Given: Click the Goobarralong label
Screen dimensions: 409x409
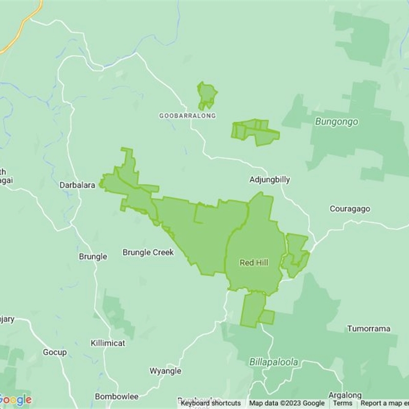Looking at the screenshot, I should pyautogui.click(x=187, y=116).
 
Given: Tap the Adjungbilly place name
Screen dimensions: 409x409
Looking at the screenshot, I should pyautogui.click(x=269, y=180).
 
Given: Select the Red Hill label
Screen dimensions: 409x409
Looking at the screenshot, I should pyautogui.click(x=254, y=263).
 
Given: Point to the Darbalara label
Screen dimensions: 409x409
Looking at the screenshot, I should pyautogui.click(x=77, y=185).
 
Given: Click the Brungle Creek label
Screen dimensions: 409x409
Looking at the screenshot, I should pyautogui.click(x=148, y=253).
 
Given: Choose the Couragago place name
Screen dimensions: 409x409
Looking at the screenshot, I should pyautogui.click(x=350, y=209).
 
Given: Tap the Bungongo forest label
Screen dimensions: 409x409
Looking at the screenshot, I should pyautogui.click(x=336, y=122).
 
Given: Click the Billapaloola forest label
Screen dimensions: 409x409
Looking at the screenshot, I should pyautogui.click(x=274, y=362).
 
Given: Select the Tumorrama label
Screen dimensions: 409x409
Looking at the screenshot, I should pyautogui.click(x=372, y=329).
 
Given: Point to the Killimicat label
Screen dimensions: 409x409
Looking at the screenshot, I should pyautogui.click(x=108, y=343).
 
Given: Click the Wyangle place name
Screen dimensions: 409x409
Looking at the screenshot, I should pyautogui.click(x=165, y=371).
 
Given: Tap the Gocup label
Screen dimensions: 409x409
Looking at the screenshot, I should pyautogui.click(x=55, y=353).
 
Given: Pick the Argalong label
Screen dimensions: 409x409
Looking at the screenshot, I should pyautogui.click(x=345, y=396).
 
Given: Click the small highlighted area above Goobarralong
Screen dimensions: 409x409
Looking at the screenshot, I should pyautogui.click(x=207, y=95).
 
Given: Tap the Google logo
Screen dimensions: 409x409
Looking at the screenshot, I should pyautogui.click(x=15, y=400).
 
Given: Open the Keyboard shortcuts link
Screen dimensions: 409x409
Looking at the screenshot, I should pyautogui.click(x=211, y=403).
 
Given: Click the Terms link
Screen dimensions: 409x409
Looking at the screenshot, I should pyautogui.click(x=343, y=403).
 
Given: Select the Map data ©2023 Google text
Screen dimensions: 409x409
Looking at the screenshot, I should pyautogui.click(x=287, y=403).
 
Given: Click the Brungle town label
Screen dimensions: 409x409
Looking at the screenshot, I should pyautogui.click(x=93, y=257).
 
